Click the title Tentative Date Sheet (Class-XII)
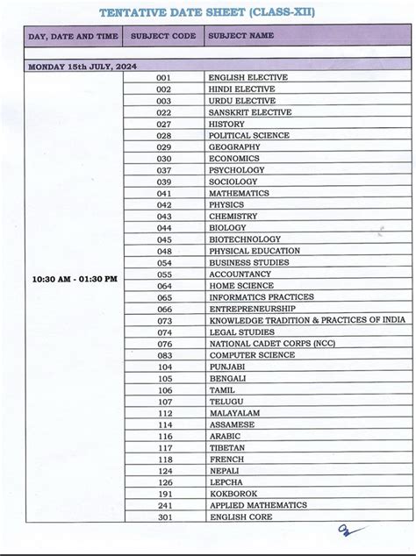coord(207,12)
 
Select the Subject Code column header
coord(163,36)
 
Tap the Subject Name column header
coord(241,36)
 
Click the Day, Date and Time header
coord(72,36)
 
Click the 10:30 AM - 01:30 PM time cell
coord(74,279)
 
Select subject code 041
coord(164,193)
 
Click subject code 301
coord(165,517)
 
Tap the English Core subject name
coord(240,517)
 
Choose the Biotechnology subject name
coord(245,239)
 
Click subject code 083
coord(164,354)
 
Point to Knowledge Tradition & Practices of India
coord(306,320)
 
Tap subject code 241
coord(165,505)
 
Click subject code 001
coord(164,77)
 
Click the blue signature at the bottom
coord(348,531)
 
